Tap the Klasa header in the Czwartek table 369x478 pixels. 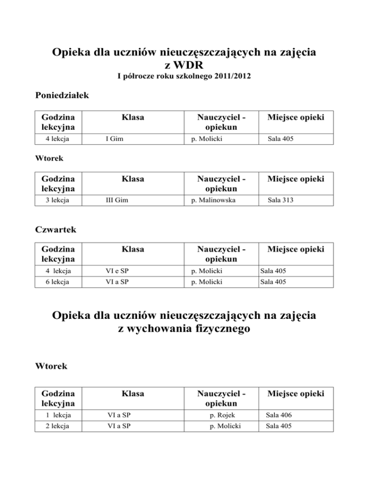[x=133, y=250]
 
